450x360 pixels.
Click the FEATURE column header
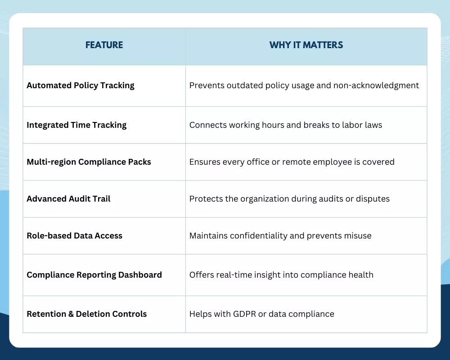104,45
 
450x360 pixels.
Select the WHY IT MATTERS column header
306,45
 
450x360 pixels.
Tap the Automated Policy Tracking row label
81,85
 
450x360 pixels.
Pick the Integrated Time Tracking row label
76,125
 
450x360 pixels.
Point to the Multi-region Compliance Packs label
89,162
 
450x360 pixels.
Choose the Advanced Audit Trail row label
68,199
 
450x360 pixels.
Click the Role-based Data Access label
74,236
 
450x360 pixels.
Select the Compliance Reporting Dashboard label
94,275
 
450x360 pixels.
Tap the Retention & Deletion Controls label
86,314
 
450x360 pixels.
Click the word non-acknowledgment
376,85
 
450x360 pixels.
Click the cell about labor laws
285,125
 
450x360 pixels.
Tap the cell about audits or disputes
289,199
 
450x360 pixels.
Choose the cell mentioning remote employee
292,162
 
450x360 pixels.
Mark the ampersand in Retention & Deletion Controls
71,314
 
